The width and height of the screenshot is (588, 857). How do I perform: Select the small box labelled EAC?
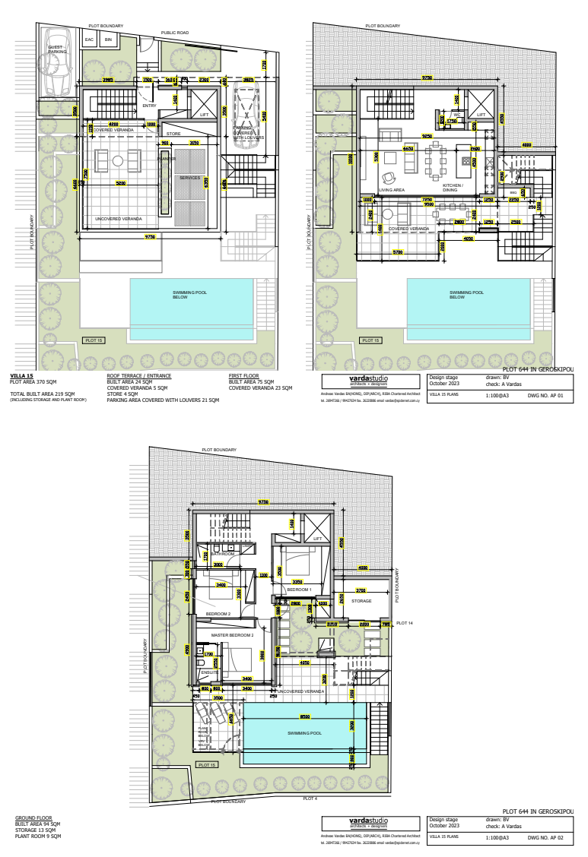89,40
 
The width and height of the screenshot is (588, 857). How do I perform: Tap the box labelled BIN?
108,40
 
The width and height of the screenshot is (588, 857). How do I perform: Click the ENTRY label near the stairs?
149,106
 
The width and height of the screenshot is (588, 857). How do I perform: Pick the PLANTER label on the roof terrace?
166,159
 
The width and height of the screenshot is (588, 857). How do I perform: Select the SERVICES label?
189,178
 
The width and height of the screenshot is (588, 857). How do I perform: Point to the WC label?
457,115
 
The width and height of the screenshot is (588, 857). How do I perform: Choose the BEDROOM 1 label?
299,590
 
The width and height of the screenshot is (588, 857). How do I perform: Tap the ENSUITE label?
209,672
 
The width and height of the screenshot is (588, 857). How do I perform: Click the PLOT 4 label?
310,798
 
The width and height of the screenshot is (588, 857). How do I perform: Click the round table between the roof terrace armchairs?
117,160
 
